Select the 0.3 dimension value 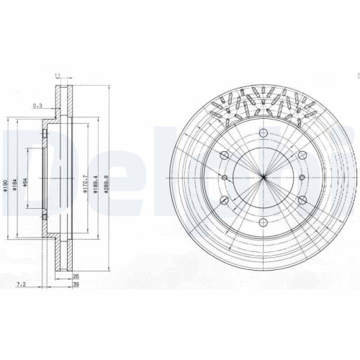[37, 106]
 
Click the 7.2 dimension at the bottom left [22, 285]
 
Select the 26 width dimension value [75, 276]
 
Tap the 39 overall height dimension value [75, 285]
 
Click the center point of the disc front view [264, 177]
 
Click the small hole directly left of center [224, 177]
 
